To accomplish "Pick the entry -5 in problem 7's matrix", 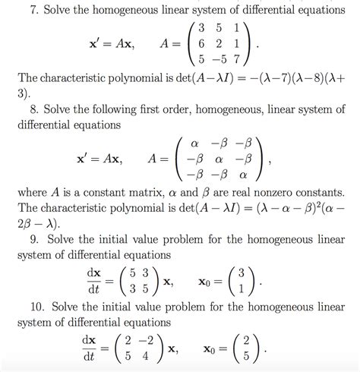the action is click(219, 61).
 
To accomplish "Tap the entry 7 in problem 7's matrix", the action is click(238, 61).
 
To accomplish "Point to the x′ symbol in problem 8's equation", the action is click(82, 159).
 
